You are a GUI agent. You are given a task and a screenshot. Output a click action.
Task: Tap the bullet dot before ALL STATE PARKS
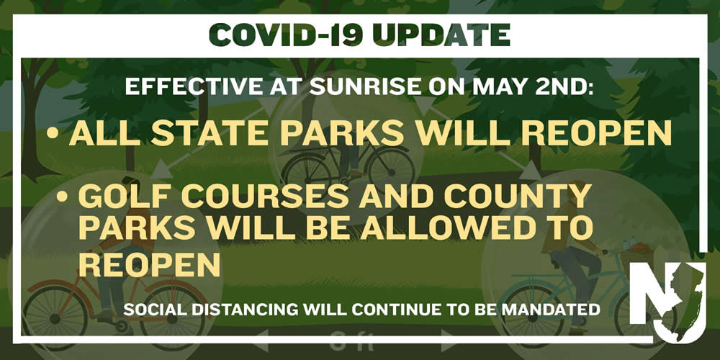53,134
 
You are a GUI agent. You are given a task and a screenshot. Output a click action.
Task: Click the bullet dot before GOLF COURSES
62,197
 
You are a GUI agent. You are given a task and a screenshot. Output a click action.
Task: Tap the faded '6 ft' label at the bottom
353,342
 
